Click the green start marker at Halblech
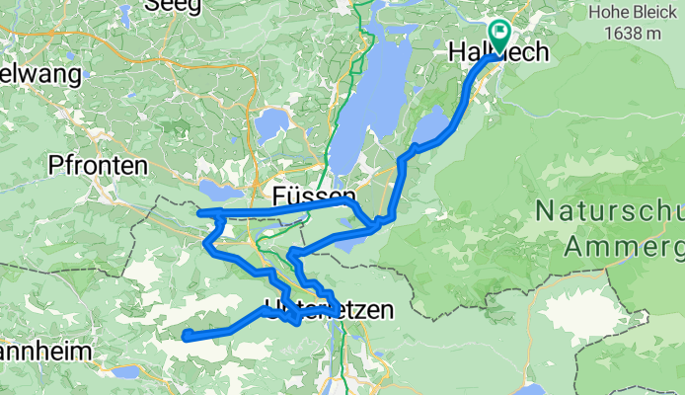(x=498, y=36)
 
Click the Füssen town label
(x=313, y=197)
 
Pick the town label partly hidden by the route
(x=330, y=310)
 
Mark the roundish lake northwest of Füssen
(x=269, y=125)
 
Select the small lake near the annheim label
(x=126, y=372)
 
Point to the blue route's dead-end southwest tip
(x=185, y=338)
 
